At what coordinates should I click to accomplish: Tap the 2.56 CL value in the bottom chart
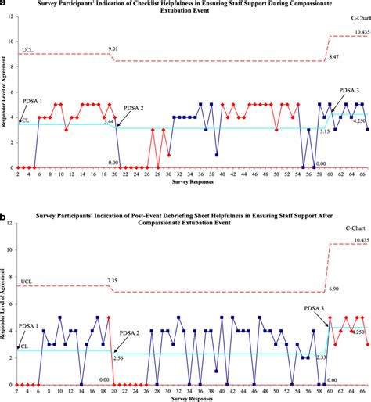click(118, 357)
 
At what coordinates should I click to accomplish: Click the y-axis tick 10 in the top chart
click(8, 41)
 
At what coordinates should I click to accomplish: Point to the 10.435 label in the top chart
click(360, 32)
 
